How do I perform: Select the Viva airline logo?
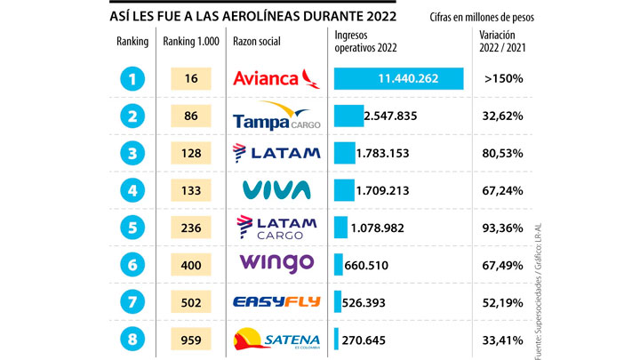tap(276, 189)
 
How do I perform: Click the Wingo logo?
tap(276, 263)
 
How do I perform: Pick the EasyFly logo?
tap(276, 302)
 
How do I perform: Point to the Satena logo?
tap(276, 339)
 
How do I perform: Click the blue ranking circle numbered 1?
tap(132, 78)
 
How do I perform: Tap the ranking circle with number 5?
tap(132, 227)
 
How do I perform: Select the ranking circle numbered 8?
tap(132, 339)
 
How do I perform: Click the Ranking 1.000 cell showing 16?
tap(192, 78)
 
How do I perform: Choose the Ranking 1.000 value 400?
tap(192, 264)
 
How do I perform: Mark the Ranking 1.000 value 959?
tap(192, 339)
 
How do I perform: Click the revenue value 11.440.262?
tap(399, 78)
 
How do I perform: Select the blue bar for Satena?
tap(336, 339)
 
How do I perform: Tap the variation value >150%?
tap(503, 78)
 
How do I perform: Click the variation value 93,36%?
tap(503, 227)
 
